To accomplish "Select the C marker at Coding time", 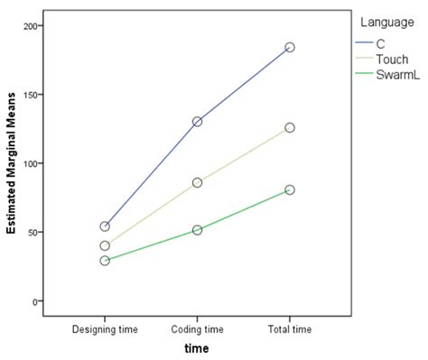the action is click(x=197, y=122).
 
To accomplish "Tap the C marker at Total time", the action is click(x=290, y=47).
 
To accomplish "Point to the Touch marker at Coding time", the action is click(x=197, y=182).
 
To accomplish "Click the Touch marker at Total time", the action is click(x=290, y=128).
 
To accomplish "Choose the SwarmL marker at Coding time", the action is click(x=197, y=230).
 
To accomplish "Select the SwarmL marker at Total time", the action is click(x=290, y=189).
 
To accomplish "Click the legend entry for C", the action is click(x=370, y=44).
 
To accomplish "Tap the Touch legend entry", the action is click(x=382, y=60).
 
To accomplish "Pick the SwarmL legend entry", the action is click(x=387, y=75).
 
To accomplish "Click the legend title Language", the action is click(x=387, y=23).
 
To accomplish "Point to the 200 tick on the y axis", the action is click(x=31, y=26).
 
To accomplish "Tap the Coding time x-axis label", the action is click(x=197, y=329).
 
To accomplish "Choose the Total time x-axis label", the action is click(x=290, y=329).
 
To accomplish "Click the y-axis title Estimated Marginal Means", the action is click(x=11, y=163).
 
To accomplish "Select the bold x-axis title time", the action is click(x=197, y=348).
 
